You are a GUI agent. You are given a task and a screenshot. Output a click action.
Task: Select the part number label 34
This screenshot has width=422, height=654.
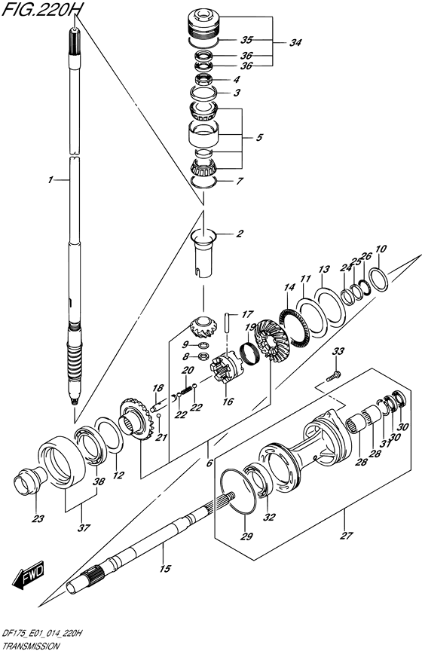pos(295,42)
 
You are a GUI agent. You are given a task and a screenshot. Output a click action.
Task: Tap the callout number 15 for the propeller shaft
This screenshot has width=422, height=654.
pos(165,568)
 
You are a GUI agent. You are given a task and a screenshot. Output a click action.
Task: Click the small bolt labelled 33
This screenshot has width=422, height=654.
pos(334,376)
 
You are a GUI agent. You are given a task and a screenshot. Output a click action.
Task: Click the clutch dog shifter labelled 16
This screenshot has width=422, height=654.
pos(226,368)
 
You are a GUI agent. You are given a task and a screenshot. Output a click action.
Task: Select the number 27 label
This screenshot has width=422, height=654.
pos(347,536)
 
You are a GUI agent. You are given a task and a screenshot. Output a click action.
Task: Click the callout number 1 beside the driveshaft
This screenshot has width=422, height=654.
pos(50,180)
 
